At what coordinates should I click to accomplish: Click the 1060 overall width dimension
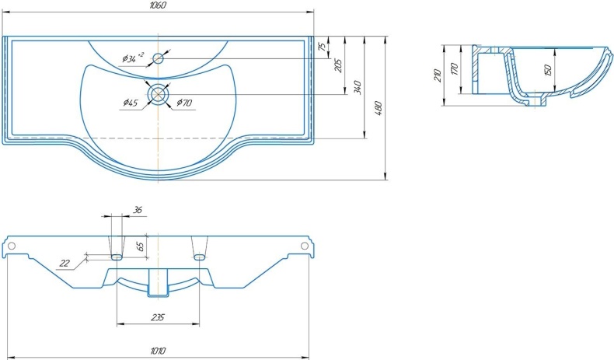coord(158,5)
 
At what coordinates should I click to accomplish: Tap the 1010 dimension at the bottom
coord(158,351)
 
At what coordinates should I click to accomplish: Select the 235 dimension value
coord(158,317)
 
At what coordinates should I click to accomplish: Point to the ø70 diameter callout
coord(184,103)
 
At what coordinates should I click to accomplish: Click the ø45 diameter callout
coord(130,103)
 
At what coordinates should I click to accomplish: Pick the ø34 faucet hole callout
coord(133,58)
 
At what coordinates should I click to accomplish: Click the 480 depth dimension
coord(379,108)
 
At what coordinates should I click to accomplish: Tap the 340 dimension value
coord(358,87)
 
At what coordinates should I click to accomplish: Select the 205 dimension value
coord(338,65)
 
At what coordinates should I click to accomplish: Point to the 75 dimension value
coord(322,46)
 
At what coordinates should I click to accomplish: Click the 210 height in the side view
coord(438,75)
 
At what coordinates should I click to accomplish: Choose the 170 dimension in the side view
coord(454,69)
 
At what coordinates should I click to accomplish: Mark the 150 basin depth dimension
coord(547,70)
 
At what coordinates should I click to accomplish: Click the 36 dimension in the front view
coord(137,210)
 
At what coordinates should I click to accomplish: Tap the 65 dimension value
coord(141,246)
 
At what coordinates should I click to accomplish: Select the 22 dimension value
coord(65,263)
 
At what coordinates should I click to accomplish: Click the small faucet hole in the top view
coord(158,59)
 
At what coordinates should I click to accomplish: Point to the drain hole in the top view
coord(158,94)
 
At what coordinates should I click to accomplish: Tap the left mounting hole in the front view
coord(12,246)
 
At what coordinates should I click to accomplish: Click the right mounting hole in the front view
coord(304,246)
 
